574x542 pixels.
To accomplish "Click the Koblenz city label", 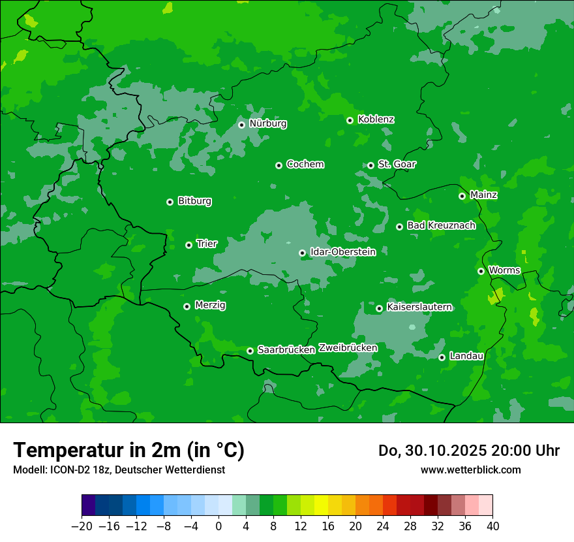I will tap(376, 120).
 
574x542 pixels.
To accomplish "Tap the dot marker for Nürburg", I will tap(241, 125).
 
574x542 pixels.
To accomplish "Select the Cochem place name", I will tap(305, 165).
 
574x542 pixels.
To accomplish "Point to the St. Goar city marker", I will tap(370, 165).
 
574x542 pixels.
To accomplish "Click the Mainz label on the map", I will tap(483, 195).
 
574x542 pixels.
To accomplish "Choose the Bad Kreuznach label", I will tap(441, 225).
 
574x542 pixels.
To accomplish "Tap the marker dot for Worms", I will tap(481, 271).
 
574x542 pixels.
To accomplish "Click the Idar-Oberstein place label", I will tap(343, 251).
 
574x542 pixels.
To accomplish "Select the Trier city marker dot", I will tap(189, 245).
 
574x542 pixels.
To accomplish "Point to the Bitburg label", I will tap(194, 201).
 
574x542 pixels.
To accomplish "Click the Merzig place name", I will tap(210, 305).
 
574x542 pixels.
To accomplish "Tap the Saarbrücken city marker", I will tap(250, 351).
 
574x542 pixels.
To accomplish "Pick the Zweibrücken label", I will tap(348, 348).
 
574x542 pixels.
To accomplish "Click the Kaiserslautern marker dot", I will tap(379, 308).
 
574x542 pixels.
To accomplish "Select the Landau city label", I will tap(466, 356).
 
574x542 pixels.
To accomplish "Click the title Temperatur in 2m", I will tap(128, 450).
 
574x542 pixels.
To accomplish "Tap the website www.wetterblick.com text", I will tap(470, 470).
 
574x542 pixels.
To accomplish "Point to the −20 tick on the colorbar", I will tap(82, 526).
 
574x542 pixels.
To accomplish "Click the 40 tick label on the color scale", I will tap(492, 526).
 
